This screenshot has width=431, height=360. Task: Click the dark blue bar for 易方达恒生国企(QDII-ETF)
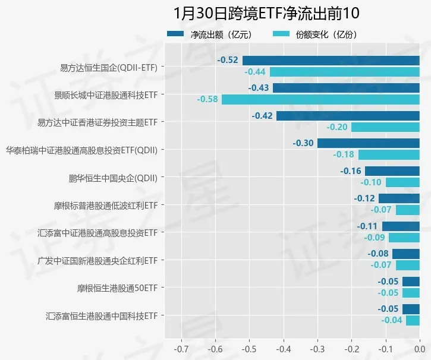point(331,60)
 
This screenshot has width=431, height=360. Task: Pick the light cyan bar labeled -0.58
point(320,99)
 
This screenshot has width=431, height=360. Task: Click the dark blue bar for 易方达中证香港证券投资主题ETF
point(348,115)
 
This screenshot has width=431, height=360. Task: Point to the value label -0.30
point(303,143)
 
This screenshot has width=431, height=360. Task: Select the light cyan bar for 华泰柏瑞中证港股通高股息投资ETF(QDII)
point(389,154)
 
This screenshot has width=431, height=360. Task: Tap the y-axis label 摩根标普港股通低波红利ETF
point(105,206)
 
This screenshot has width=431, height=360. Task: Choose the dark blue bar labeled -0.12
point(399,198)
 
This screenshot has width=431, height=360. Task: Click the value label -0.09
point(374,238)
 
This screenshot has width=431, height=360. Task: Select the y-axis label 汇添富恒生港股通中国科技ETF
point(101,315)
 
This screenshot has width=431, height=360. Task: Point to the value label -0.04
point(392,321)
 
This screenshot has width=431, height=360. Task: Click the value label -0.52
point(228,60)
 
